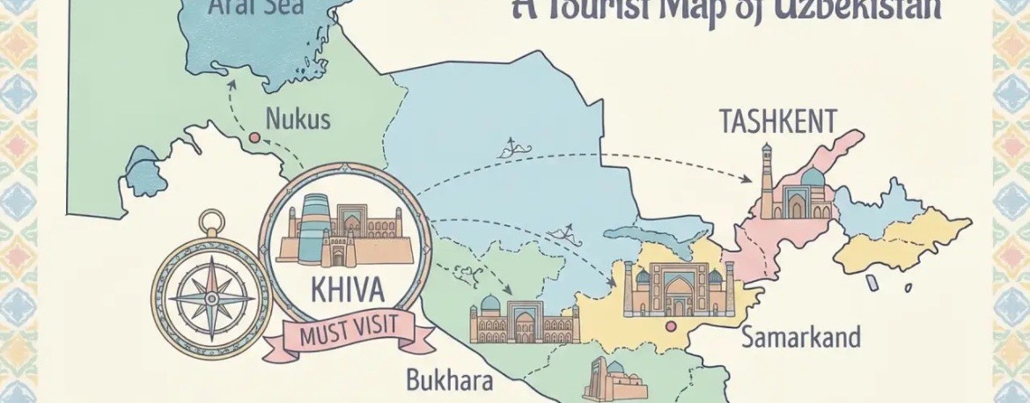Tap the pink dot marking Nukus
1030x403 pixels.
254,137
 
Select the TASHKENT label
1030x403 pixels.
777,121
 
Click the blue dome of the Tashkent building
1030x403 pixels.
811,179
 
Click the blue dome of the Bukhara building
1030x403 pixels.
491,304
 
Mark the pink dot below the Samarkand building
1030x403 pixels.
672,327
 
